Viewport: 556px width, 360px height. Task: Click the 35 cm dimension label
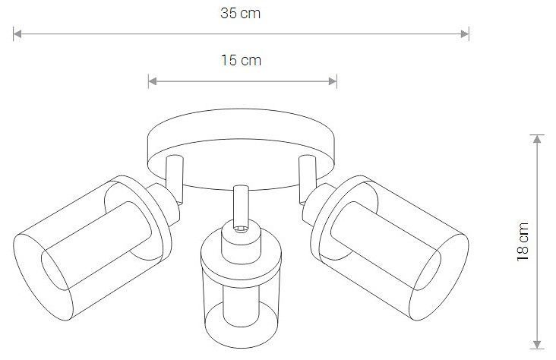(240, 14)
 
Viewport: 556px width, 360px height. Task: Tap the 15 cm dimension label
(241, 60)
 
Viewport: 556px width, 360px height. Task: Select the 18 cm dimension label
(523, 242)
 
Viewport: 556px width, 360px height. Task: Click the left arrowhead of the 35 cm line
(17, 34)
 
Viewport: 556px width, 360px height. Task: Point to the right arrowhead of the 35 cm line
(465, 34)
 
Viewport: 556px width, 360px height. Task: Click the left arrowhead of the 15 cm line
(153, 81)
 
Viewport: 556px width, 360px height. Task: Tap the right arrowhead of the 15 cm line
(333, 81)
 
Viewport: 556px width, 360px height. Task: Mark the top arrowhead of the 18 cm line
(537, 139)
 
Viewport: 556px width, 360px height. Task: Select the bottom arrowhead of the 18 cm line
(537, 344)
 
